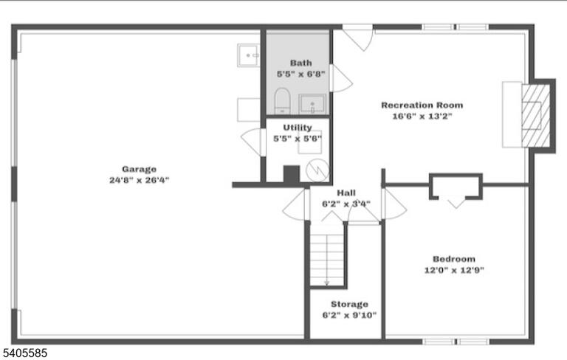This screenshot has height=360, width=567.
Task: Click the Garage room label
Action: [x=140, y=169]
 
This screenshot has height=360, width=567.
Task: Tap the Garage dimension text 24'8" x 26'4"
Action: [x=140, y=180]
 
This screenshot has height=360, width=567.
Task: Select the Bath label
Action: [x=301, y=63]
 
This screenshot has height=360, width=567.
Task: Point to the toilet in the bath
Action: [x=282, y=100]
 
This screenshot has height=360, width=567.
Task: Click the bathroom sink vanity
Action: [x=312, y=104]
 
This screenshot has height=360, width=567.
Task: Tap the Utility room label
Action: [x=298, y=127]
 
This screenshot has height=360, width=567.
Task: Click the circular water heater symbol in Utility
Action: [x=317, y=170]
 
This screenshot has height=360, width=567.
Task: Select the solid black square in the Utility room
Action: [x=292, y=174]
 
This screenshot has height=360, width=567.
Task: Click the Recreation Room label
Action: [x=422, y=105]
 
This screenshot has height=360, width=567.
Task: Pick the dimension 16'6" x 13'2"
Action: [x=422, y=117]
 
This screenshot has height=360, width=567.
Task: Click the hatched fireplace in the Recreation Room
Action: [x=536, y=116]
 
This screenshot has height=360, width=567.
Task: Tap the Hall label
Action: [x=346, y=193]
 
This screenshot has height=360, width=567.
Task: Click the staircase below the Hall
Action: [x=327, y=260]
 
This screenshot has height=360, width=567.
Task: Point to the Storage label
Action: [x=349, y=304]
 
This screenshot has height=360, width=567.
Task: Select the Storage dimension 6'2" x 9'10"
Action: [x=349, y=315]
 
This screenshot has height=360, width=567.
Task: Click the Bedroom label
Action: [x=454, y=259]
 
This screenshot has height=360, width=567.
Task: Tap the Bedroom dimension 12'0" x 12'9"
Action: [x=454, y=270]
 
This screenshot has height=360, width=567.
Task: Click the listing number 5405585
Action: [x=24, y=353]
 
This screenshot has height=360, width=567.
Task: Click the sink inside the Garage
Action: [x=248, y=55]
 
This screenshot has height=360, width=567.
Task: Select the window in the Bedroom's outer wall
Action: [x=456, y=342]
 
